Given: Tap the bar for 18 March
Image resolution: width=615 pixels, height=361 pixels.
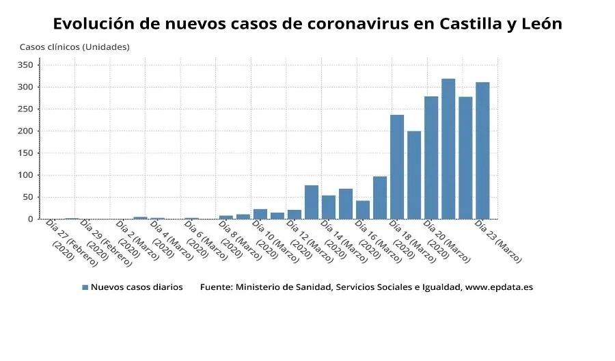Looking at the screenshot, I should [397, 167].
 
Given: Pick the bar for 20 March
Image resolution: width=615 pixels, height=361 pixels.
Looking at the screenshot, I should [431, 158].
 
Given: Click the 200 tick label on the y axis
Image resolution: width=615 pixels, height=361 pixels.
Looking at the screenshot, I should [25, 131].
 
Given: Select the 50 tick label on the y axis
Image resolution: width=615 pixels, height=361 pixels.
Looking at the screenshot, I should [27, 198].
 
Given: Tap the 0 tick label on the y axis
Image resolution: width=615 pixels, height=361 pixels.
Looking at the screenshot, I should [29, 219].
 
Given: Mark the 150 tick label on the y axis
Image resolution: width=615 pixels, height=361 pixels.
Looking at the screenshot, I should [25, 153].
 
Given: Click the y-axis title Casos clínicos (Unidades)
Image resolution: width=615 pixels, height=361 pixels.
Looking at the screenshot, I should [74, 47].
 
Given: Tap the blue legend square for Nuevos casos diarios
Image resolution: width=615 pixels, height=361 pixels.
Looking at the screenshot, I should [85, 288].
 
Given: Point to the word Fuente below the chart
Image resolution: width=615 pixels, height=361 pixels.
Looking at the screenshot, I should [215, 288].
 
